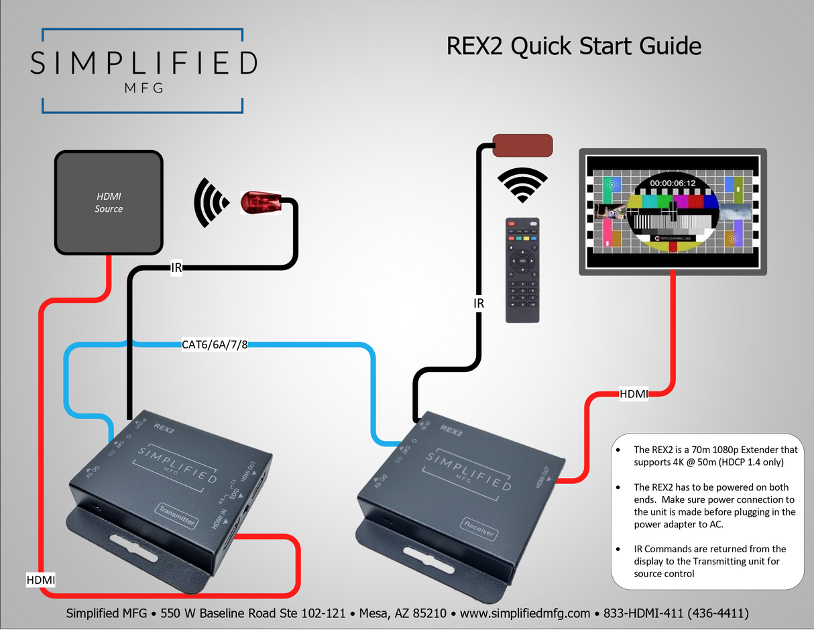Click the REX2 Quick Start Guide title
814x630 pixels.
(x=573, y=46)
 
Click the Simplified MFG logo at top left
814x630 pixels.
(x=143, y=70)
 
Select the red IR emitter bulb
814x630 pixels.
(x=259, y=202)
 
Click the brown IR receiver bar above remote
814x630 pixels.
(x=523, y=145)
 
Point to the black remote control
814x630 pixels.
(x=523, y=269)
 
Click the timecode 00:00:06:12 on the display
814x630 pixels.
(x=672, y=182)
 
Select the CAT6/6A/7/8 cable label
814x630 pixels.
(x=215, y=346)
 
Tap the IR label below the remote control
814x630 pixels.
(x=479, y=304)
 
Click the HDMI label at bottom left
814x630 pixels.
(x=40, y=578)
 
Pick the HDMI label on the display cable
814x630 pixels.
(x=634, y=394)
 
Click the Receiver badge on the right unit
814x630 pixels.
(x=479, y=529)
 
